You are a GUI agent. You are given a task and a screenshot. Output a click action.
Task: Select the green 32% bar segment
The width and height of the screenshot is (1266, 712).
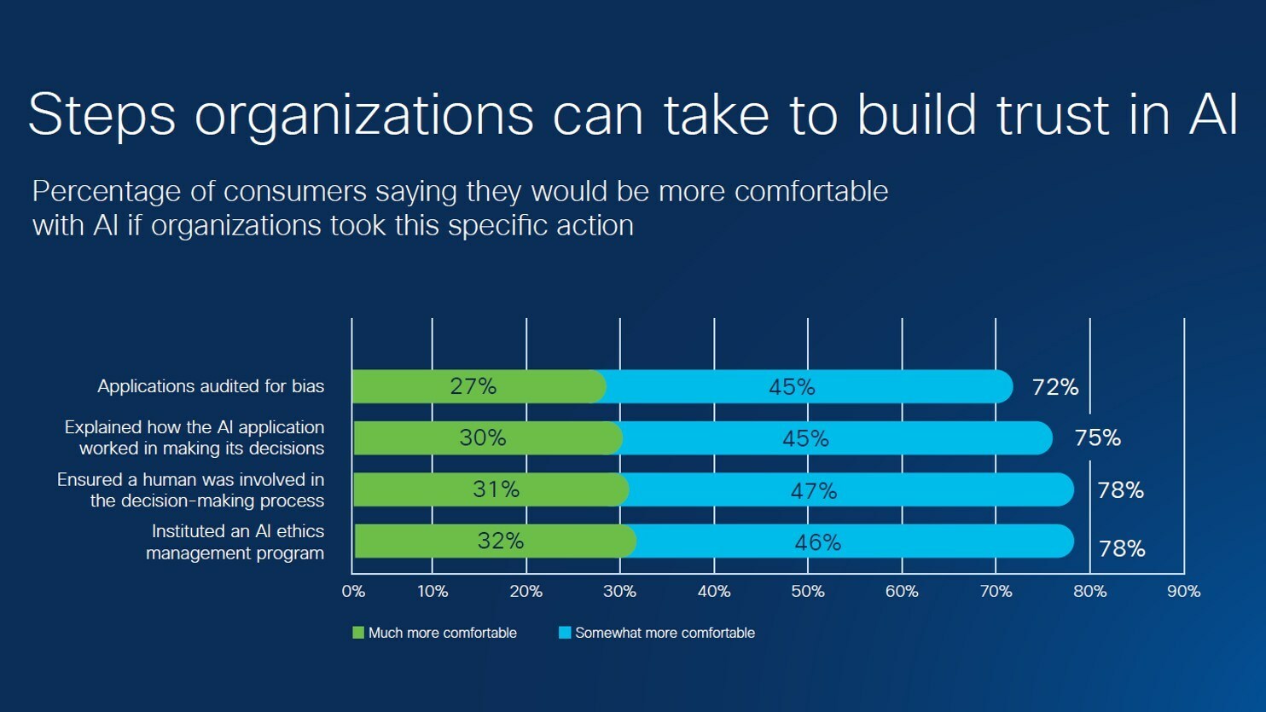[x=495, y=541]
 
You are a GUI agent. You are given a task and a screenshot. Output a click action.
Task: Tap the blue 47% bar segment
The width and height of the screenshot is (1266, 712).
[x=849, y=490]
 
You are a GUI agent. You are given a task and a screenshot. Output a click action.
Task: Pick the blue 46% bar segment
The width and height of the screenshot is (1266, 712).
[x=853, y=541]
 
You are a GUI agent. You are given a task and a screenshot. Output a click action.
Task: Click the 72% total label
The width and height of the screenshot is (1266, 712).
[x=1055, y=387]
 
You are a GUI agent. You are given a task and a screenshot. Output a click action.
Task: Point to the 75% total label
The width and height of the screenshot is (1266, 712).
[x=1097, y=437]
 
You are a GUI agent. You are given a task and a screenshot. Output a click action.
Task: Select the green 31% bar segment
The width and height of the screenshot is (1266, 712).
[x=491, y=489]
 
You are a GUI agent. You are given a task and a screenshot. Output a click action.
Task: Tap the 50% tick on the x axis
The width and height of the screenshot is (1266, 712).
[x=808, y=591]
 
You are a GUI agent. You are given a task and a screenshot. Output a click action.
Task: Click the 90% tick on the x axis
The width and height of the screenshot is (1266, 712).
[x=1183, y=591]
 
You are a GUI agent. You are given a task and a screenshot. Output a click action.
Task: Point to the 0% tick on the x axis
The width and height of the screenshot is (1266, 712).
[x=353, y=591]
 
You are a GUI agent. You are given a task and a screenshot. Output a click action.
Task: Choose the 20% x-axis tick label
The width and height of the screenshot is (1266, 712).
[x=526, y=591]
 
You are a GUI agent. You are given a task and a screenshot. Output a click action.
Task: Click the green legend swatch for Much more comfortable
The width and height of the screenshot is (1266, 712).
[x=358, y=633]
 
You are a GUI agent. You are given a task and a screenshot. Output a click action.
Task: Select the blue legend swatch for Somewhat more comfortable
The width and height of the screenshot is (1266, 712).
[x=565, y=633]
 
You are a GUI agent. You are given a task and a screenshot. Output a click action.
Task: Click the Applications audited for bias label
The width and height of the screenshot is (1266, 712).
[x=211, y=386]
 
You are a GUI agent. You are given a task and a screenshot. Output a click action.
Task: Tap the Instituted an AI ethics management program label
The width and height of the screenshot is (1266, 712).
[x=235, y=541]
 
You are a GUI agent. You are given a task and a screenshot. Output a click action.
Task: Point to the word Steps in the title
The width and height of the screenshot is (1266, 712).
[x=102, y=113]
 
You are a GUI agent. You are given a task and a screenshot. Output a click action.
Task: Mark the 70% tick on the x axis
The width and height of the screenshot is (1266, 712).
[x=996, y=591]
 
